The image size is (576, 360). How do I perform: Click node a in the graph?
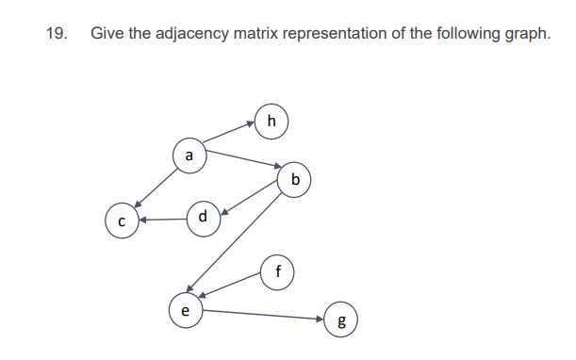coord(189,154)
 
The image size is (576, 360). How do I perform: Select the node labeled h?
coord(272,120)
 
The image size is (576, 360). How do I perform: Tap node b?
coord(296,178)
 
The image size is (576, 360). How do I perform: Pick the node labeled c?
coord(122,221)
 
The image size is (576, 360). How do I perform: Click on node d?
coord(203,217)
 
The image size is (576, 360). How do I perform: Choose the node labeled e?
coord(185,308)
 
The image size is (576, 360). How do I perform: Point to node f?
coord(277,270)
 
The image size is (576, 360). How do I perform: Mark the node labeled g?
coord(340,320)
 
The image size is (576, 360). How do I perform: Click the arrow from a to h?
coord(230,133)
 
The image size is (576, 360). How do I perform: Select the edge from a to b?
coord(242,159)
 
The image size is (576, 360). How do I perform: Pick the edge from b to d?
coord(250,198)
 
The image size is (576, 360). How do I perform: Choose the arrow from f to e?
coord(231,286)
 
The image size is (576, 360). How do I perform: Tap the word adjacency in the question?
coord(202,34)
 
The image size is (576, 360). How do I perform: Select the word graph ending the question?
coord(524,34)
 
